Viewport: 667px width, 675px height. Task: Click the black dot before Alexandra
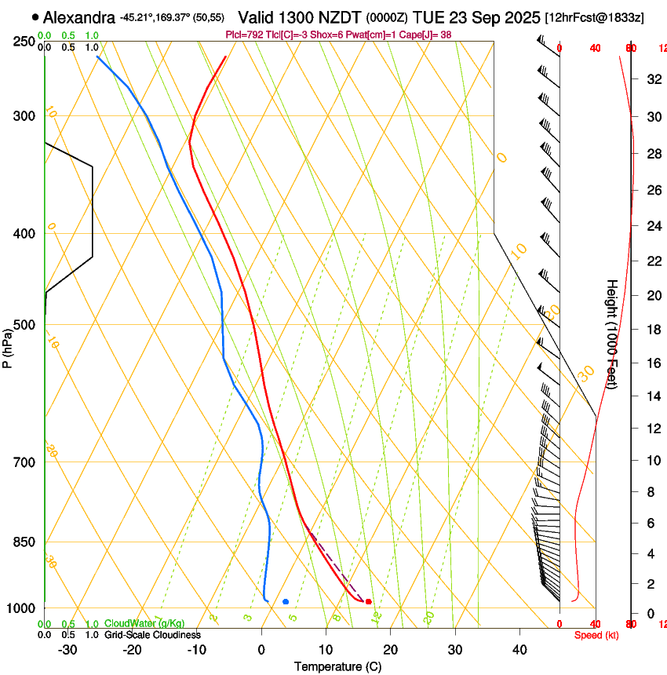point(35,16)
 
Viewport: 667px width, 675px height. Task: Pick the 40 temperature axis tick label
point(519,650)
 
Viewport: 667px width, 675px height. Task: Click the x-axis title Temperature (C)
point(337,666)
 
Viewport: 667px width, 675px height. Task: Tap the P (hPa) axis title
point(8,348)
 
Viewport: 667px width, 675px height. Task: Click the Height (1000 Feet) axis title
point(613,334)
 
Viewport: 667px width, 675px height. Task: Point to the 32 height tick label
point(652,78)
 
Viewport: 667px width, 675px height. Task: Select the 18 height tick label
point(652,330)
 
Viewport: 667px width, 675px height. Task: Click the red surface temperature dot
point(368,602)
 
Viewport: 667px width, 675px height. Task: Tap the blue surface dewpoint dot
point(286,602)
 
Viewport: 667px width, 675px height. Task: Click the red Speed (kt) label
point(596,635)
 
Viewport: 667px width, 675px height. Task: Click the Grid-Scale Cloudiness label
point(152,635)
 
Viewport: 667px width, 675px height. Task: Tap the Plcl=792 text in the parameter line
point(243,35)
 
